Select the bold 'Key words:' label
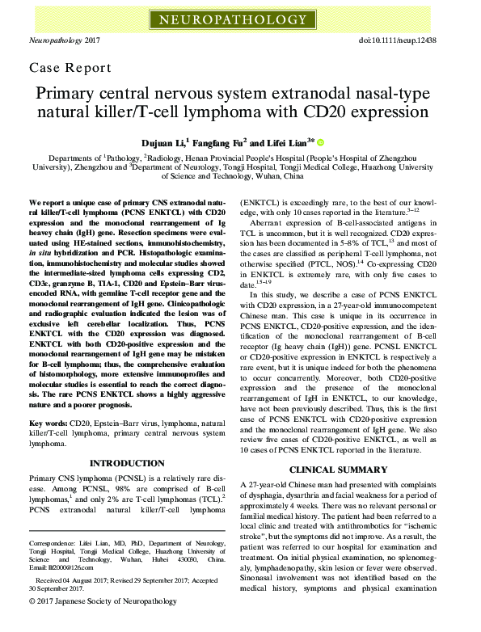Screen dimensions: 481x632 48,423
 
